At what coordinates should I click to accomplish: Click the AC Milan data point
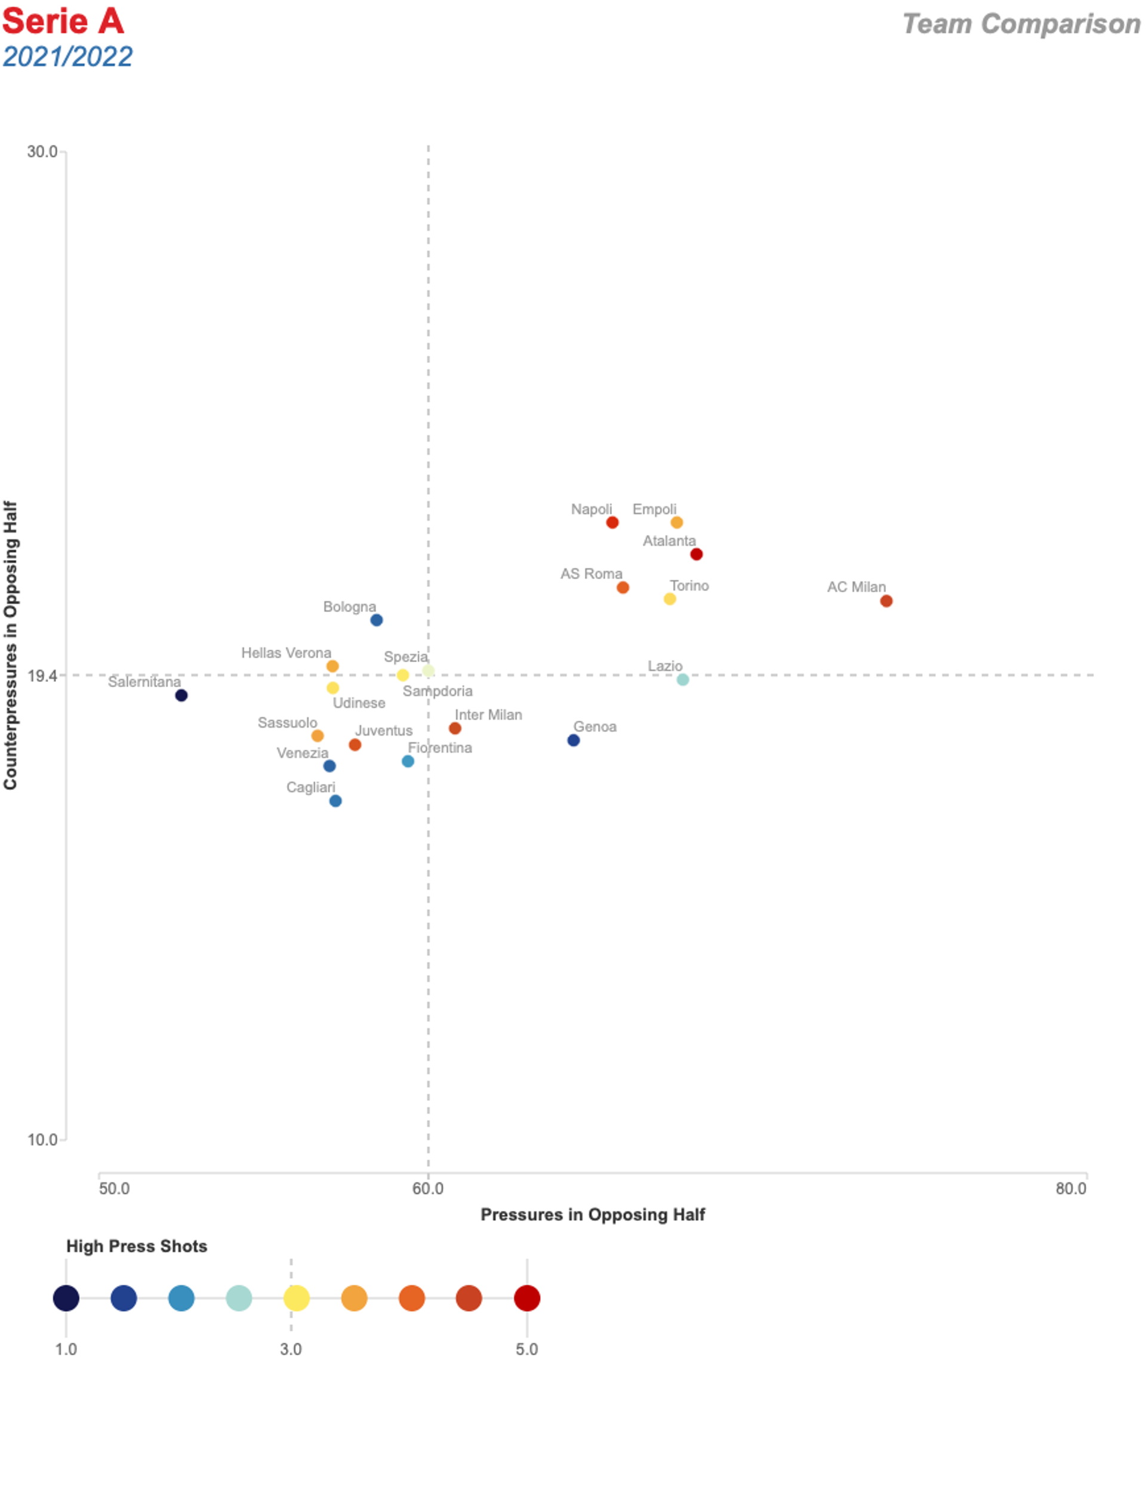coord(886,601)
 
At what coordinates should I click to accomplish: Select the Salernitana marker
coord(181,696)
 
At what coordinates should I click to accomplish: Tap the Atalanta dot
coord(696,554)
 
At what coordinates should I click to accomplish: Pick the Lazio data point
coord(682,680)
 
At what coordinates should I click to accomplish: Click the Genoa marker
coord(574,740)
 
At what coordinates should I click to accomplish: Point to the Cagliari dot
coord(335,801)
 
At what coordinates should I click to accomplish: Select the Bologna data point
coord(376,620)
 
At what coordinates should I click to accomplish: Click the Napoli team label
coord(591,509)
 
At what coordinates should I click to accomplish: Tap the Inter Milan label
coord(488,715)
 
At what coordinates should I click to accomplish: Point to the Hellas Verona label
coord(286,653)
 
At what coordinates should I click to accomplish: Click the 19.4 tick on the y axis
coord(42,676)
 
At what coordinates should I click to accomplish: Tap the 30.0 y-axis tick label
coord(42,152)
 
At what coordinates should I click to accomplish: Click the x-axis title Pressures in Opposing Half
coord(593,1215)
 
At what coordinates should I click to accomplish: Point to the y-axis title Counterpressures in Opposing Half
coord(10,645)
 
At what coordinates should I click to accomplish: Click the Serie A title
coord(63,21)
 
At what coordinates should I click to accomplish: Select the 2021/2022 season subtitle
coord(67,57)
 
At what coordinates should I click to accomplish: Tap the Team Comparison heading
coord(1021,24)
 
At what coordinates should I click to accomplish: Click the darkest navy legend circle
coord(66,1298)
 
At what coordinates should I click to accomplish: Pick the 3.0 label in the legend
coord(291,1349)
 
